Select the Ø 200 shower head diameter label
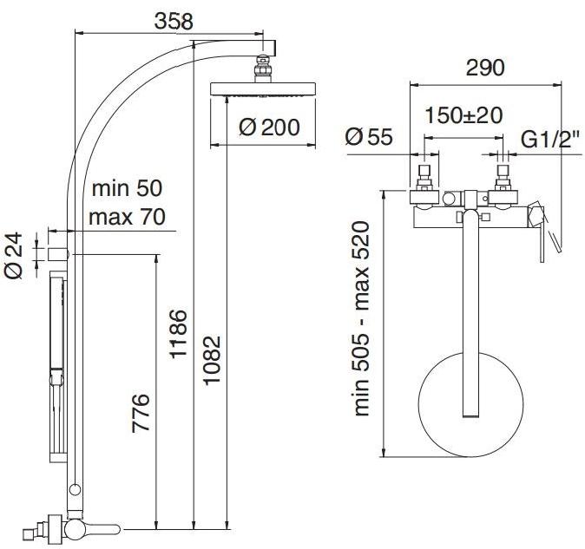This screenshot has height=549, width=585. pyautogui.click(x=269, y=127)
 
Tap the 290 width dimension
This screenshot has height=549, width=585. pyautogui.click(x=485, y=68)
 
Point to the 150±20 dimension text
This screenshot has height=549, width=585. pyautogui.click(x=463, y=115)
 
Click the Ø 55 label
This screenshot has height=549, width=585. pyautogui.click(x=369, y=136)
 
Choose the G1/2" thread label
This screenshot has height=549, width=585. pyautogui.click(x=550, y=139)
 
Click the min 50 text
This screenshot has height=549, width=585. pyautogui.click(x=127, y=188)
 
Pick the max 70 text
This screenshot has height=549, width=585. pyautogui.click(x=127, y=217)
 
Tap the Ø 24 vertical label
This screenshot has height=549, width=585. pyautogui.click(x=14, y=255)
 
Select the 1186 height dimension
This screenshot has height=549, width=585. pyautogui.click(x=178, y=334)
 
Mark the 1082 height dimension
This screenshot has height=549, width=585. pyautogui.click(x=212, y=360)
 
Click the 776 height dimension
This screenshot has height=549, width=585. pyautogui.click(x=141, y=413)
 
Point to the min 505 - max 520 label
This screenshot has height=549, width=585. pyautogui.click(x=361, y=319)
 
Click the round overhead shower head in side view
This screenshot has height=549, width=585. pyautogui.click(x=263, y=88)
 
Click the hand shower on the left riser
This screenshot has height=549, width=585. pyautogui.click(x=57, y=367)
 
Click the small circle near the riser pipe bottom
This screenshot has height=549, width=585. pyautogui.click(x=75, y=489)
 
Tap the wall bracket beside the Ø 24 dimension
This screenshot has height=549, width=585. pyautogui.click(x=58, y=254)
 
